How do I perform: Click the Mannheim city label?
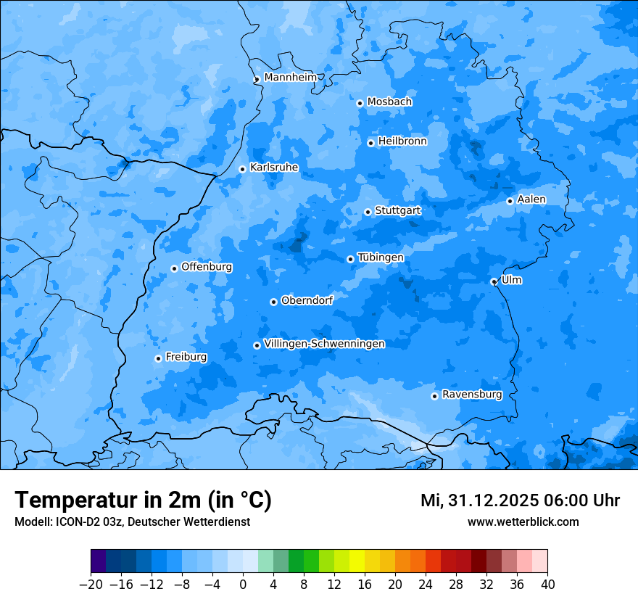tap(290, 77)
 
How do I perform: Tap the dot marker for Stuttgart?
tap(368, 212)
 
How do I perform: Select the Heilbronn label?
tap(402, 141)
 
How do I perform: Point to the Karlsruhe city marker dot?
tap(243, 169)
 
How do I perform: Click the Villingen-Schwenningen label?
tap(324, 343)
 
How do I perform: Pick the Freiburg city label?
tap(186, 357)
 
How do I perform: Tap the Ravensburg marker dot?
tap(434, 396)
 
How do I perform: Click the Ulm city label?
tap(511, 280)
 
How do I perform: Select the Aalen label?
tap(531, 199)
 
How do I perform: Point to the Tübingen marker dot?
tap(350, 259)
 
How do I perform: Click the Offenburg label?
tap(206, 266)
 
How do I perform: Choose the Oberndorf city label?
tap(307, 300)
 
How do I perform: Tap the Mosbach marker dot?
tap(360, 103)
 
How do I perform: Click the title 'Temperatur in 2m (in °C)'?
tap(143, 500)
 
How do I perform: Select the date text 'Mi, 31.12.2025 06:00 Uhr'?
tap(519, 500)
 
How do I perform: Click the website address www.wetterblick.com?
tap(523, 521)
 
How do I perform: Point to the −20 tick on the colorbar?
tap(91, 584)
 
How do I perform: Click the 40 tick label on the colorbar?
tap(547, 585)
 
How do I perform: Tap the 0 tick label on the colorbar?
tap(243, 585)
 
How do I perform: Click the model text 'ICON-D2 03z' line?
tap(132, 521)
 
